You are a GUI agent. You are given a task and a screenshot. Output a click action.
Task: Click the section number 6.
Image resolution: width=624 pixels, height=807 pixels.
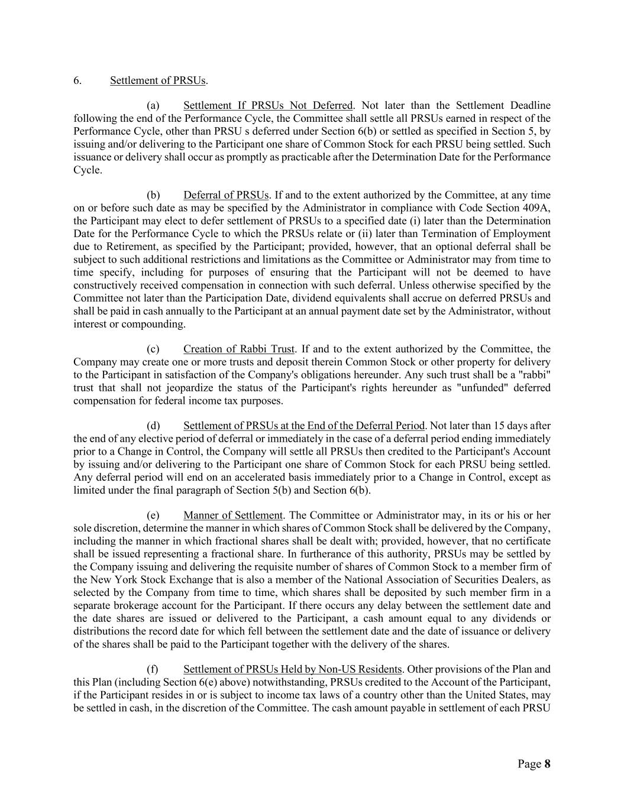[77, 80]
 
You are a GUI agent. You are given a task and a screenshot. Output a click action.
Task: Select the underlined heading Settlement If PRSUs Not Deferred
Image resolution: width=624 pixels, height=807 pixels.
[268, 105]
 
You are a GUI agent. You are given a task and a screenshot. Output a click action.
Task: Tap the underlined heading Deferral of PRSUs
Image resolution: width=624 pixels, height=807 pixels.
[226, 195]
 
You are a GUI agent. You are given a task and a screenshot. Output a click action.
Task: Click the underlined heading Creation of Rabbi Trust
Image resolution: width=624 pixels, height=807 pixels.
[239, 349]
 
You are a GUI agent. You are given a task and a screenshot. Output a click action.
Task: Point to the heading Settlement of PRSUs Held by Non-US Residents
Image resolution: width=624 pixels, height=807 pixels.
[292, 669]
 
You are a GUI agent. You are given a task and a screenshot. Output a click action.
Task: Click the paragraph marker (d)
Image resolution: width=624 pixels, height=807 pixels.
[153, 426]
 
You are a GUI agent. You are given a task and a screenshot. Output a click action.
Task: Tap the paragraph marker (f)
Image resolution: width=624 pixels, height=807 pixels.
[152, 669]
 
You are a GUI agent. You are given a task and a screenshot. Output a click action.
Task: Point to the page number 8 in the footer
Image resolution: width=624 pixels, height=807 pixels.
[547, 764]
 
